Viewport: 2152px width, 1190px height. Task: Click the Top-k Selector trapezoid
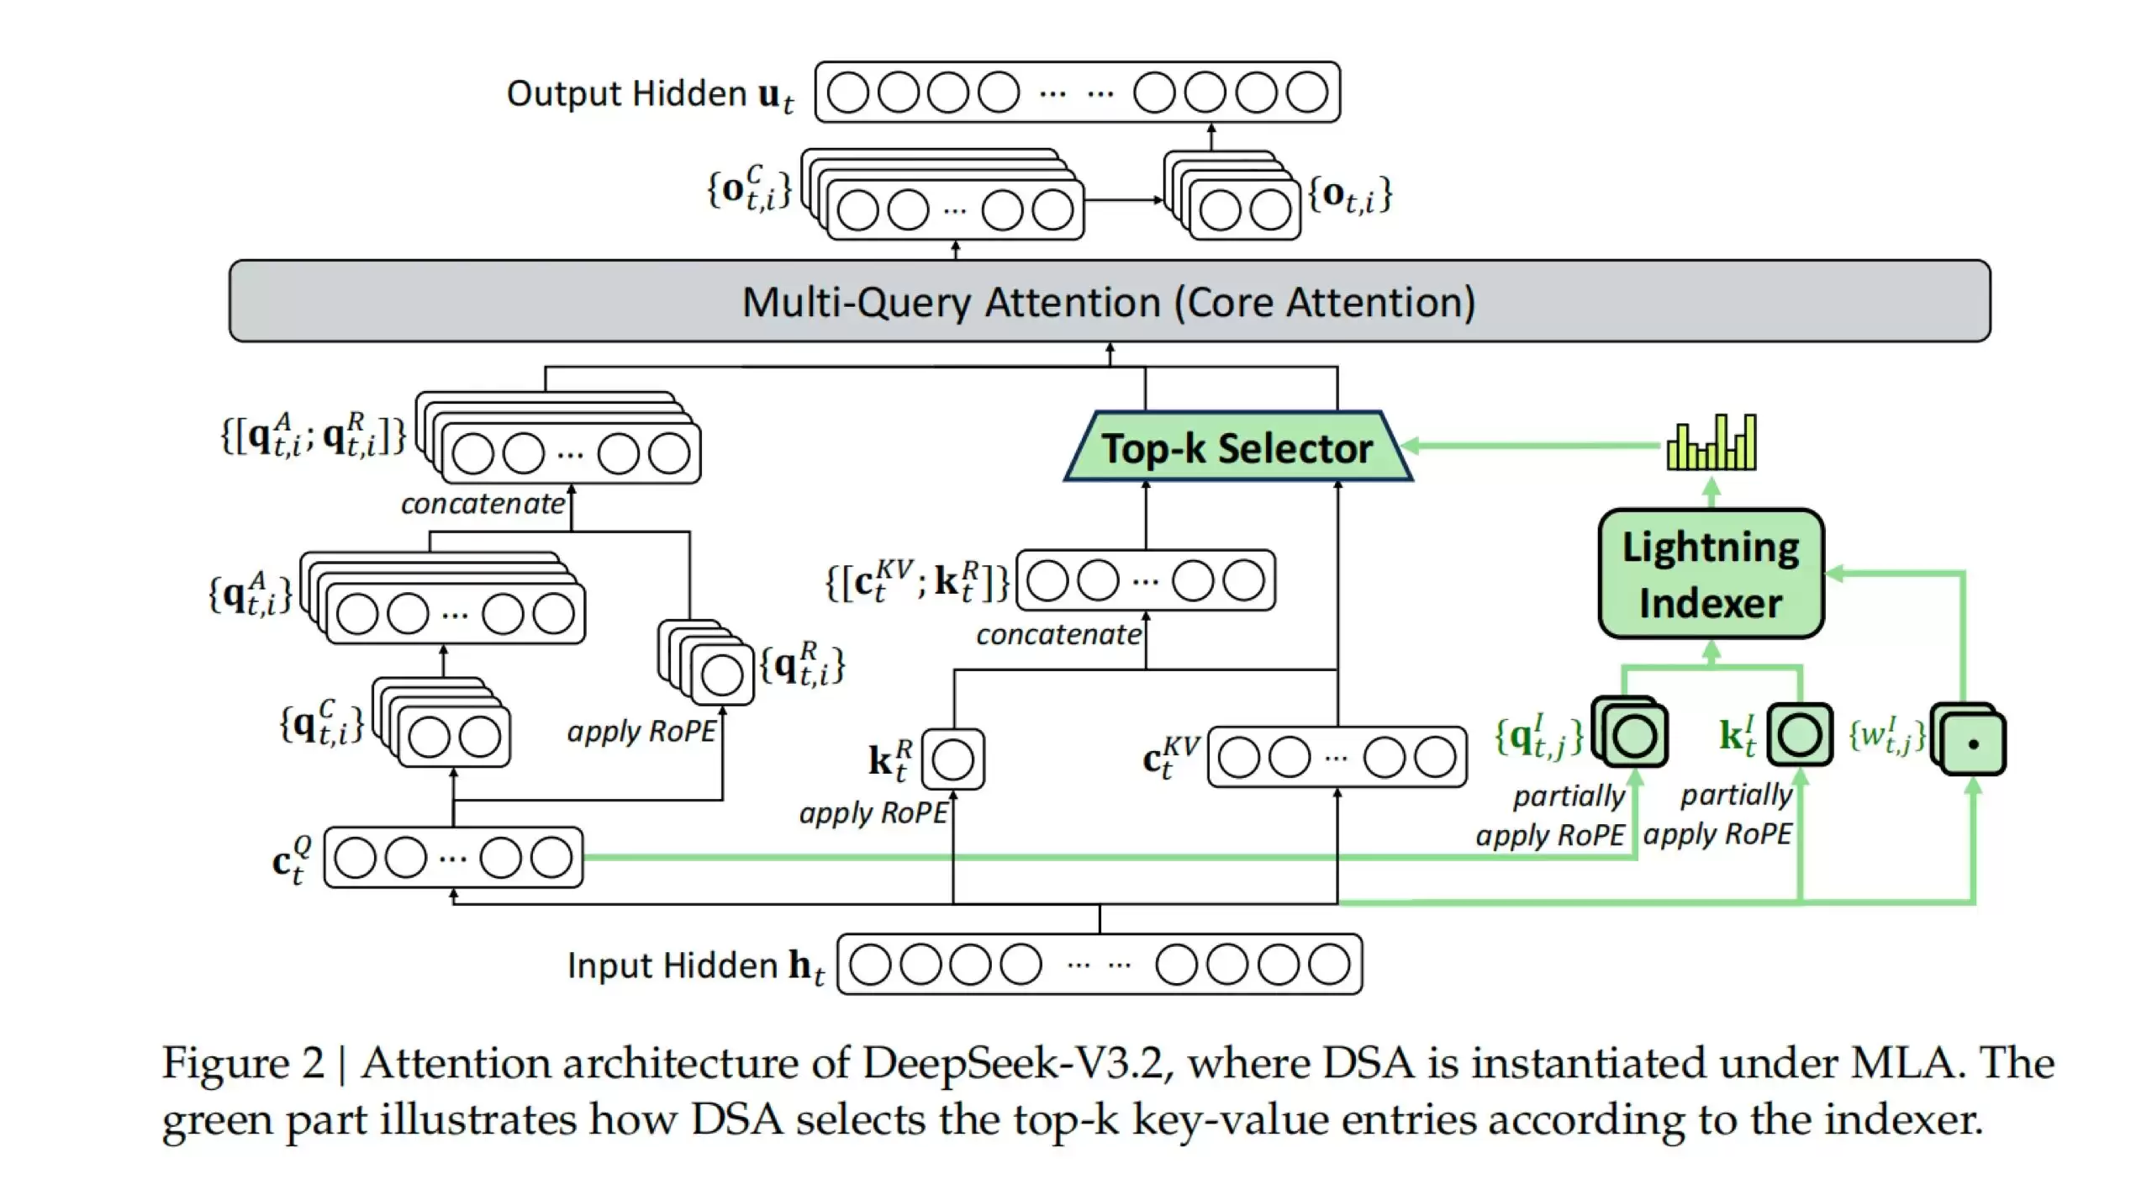point(1237,447)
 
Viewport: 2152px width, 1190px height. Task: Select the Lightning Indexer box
point(1711,574)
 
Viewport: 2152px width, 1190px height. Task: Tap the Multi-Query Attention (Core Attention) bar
point(1109,301)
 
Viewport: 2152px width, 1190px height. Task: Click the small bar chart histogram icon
point(1712,442)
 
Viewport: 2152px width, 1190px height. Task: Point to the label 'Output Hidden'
point(625,93)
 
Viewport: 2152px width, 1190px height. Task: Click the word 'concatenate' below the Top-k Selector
point(1058,635)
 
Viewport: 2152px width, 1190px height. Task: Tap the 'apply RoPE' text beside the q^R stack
point(641,732)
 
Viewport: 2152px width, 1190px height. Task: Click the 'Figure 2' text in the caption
point(242,1063)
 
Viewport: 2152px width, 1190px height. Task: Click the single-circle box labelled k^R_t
point(952,759)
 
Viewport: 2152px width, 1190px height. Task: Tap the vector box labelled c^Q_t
point(453,858)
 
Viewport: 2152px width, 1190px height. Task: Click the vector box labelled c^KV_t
point(1337,758)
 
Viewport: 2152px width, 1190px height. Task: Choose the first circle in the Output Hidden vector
point(847,93)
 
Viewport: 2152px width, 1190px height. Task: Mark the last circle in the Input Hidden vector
point(1329,965)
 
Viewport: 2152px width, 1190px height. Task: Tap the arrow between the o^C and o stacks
point(1123,200)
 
